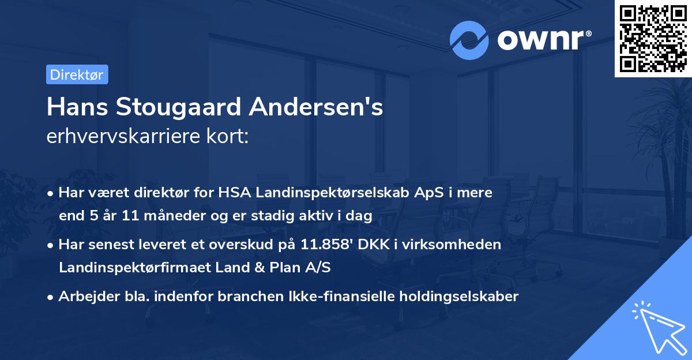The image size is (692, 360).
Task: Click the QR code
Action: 653,38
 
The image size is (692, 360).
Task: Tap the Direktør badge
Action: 77,74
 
